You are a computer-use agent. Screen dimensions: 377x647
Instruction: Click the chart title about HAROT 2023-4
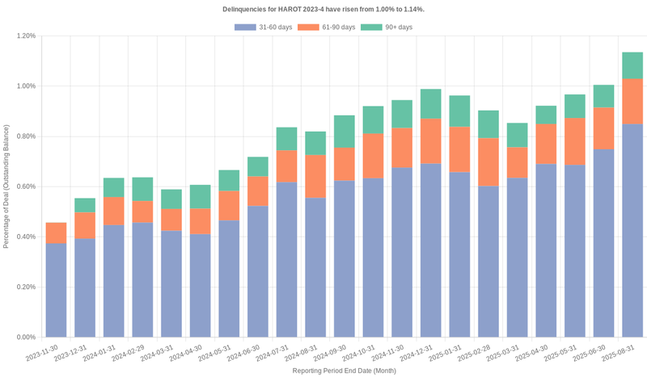[323, 9]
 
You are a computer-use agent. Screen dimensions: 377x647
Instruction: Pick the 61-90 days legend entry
[326, 27]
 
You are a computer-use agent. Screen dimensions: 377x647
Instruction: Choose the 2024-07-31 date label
[273, 354]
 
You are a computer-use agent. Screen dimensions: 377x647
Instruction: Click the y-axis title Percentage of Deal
[6, 186]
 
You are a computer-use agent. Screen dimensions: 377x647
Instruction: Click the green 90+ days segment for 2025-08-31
[632, 65]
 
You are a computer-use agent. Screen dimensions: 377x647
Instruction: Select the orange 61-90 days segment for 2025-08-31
[632, 101]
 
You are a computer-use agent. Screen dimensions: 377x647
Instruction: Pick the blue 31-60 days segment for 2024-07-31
[286, 259]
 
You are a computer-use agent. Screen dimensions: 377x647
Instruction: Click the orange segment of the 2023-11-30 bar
[56, 232]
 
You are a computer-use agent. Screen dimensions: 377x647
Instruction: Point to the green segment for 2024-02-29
[142, 189]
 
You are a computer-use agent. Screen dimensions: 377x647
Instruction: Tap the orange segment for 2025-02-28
[488, 161]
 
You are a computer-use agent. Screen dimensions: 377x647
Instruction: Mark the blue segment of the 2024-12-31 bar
[430, 250]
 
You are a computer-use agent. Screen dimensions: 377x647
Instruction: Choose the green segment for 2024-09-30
[344, 132]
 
